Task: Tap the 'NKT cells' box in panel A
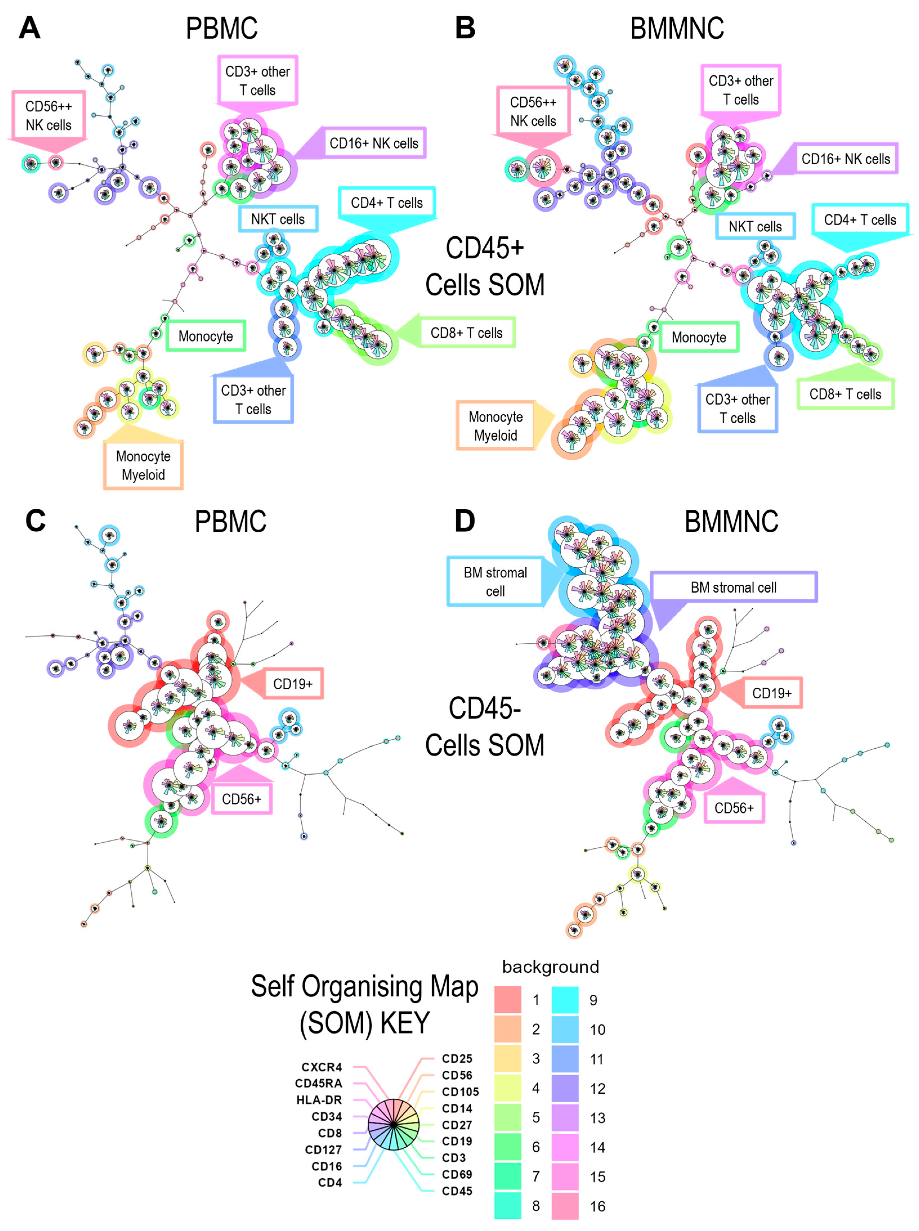278,219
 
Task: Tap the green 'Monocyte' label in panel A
206,336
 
